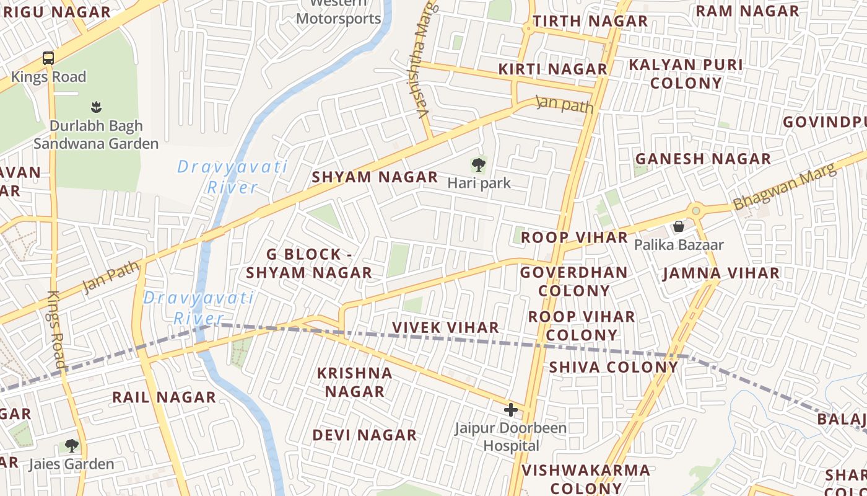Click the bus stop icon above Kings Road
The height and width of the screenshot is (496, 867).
48,58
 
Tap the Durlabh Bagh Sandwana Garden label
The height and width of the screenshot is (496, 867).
96,135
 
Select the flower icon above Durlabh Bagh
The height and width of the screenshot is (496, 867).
96,107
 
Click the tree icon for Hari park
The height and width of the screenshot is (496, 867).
478,165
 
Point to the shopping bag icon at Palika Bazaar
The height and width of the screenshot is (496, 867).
679,226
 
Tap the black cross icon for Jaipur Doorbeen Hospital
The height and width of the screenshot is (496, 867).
511,409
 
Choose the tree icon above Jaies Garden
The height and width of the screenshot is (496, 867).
72,445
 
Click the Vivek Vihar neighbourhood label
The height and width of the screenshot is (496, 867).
445,327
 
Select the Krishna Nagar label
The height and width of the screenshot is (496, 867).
355,382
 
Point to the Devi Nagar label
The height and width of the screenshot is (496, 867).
364,435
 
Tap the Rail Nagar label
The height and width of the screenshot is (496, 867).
164,397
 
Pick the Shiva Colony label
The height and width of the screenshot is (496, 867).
614,366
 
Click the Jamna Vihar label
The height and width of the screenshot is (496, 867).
721,273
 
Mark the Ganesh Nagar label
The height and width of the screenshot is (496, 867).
703,159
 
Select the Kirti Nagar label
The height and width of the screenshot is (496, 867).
552,69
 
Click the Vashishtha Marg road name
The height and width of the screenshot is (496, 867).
422,59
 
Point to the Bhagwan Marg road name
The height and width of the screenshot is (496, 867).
784,185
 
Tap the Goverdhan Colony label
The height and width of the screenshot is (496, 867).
574,281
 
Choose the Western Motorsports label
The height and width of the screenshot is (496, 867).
338,12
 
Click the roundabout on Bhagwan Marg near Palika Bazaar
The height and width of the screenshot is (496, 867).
695,211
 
